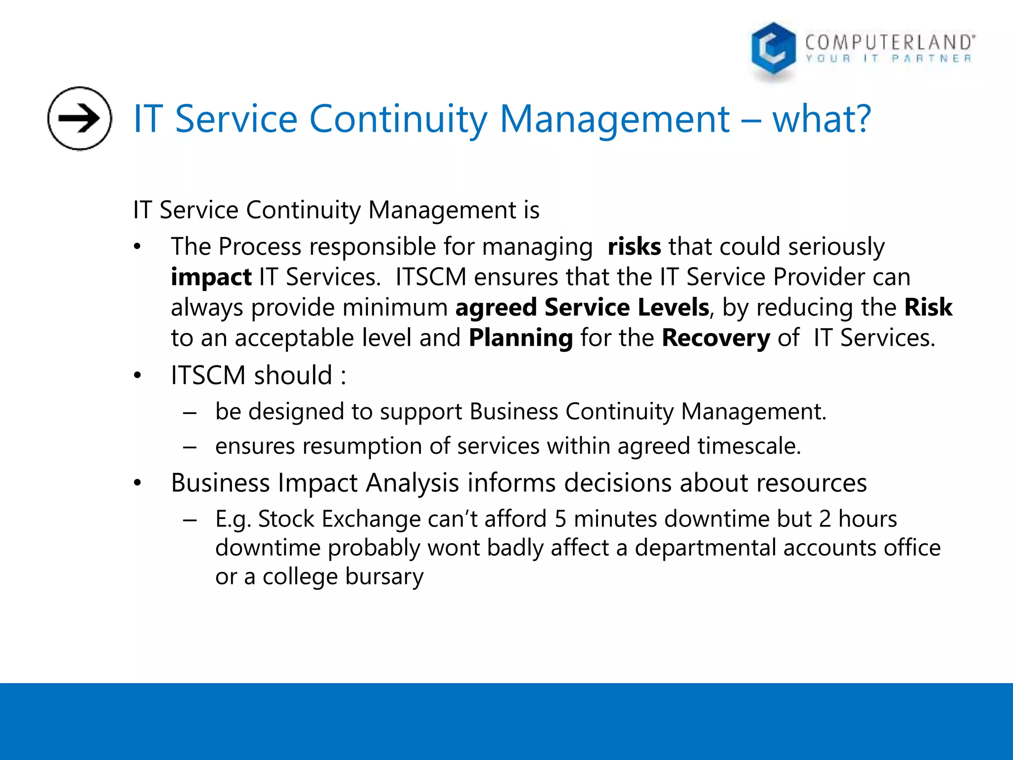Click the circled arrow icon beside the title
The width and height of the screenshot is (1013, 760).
pos(80,118)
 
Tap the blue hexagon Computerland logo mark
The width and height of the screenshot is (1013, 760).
pos(773,49)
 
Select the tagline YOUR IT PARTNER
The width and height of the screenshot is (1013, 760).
pos(888,59)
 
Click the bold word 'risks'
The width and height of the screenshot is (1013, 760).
pos(634,246)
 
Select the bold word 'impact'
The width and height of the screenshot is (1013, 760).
pos(211,277)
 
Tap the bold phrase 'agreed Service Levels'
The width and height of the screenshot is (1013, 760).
pos(582,307)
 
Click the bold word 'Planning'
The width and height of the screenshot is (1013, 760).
pos(521,338)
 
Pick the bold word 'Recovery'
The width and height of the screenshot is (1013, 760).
pos(716,338)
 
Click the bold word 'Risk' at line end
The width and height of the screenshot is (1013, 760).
pos(928,307)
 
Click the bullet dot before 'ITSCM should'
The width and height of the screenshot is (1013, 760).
pos(138,376)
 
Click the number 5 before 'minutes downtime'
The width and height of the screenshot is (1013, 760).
pos(560,519)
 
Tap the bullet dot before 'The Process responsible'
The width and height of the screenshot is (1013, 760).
pos(138,247)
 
